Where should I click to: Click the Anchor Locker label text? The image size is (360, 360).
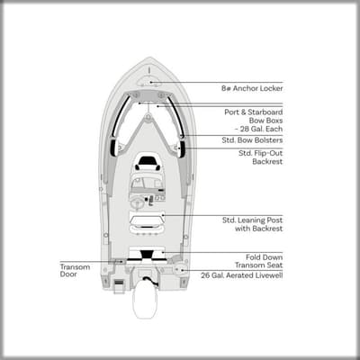(252, 88)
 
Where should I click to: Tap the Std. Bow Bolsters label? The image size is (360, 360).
(252, 140)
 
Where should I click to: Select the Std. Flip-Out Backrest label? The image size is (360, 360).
(260, 157)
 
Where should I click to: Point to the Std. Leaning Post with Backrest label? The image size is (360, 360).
(252, 224)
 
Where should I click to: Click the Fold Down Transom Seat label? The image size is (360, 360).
(258, 261)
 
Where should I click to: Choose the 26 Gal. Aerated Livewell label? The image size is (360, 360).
(242, 275)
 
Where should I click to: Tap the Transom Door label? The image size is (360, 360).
(75, 271)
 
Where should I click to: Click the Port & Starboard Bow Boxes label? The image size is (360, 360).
(254, 121)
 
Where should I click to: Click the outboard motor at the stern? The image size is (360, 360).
(146, 297)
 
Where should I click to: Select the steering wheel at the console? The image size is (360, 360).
(139, 203)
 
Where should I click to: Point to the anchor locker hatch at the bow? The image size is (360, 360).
(149, 81)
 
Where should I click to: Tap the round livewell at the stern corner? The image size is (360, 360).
(181, 268)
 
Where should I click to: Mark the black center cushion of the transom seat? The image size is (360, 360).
(147, 255)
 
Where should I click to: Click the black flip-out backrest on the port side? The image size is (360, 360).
(114, 148)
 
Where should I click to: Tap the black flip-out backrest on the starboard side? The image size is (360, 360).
(182, 148)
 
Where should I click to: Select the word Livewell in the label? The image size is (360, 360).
(267, 275)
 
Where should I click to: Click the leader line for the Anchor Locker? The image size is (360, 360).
(217, 82)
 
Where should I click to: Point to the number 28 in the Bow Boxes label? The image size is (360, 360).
(245, 129)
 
